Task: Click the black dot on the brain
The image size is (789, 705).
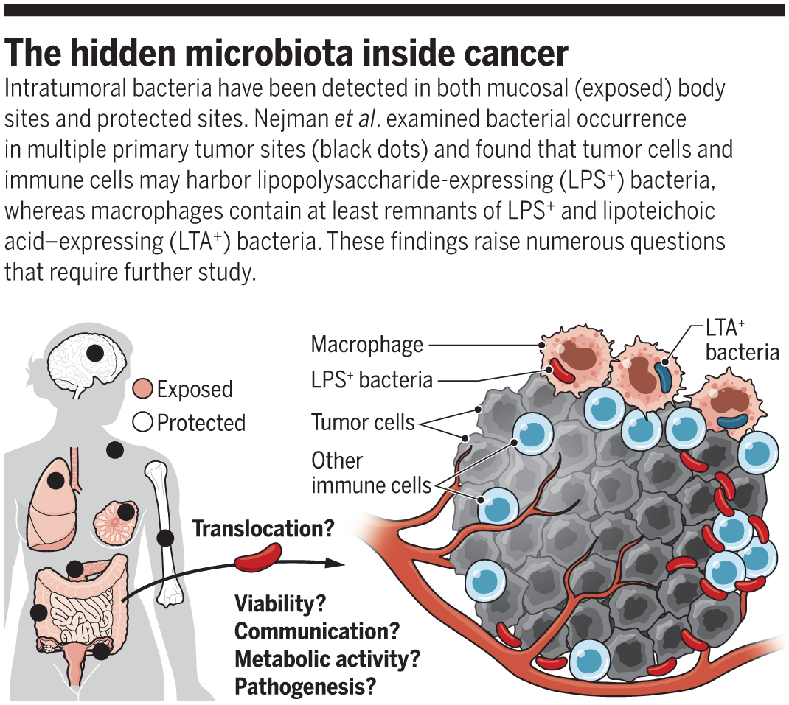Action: pyautogui.click(x=95, y=353)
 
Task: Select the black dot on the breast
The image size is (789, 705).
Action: pyautogui.click(x=126, y=511)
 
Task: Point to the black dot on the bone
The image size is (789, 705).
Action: pyautogui.click(x=165, y=538)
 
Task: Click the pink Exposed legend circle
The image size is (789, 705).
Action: pyautogui.click(x=143, y=389)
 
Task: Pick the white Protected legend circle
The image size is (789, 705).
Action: pyautogui.click(x=143, y=423)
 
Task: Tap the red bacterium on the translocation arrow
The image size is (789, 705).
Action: pyautogui.click(x=258, y=558)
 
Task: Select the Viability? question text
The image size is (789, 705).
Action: pyautogui.click(x=280, y=604)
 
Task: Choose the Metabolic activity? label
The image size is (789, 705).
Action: pyautogui.click(x=331, y=659)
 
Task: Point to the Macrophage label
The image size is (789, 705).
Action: pyautogui.click(x=367, y=344)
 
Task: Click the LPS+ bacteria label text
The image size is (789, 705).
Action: pyautogui.click(x=372, y=380)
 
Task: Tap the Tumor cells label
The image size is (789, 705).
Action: pyautogui.click(x=363, y=422)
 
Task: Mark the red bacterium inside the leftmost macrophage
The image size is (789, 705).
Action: pyautogui.click(x=564, y=371)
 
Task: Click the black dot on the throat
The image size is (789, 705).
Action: pyautogui.click(x=114, y=449)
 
